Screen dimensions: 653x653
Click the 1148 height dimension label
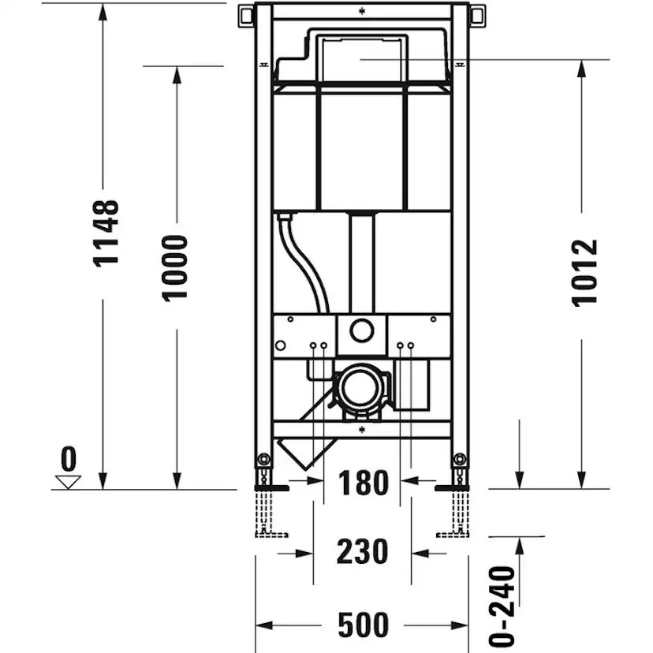(x=106, y=233)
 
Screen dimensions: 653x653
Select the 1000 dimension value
(x=175, y=267)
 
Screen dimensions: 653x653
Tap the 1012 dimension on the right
(x=584, y=272)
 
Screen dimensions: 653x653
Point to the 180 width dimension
(x=363, y=482)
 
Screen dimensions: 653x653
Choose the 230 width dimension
(x=363, y=551)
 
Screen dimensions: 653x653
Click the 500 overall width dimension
(x=363, y=625)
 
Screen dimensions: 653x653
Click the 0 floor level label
(x=69, y=457)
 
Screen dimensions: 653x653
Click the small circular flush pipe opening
(x=362, y=331)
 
